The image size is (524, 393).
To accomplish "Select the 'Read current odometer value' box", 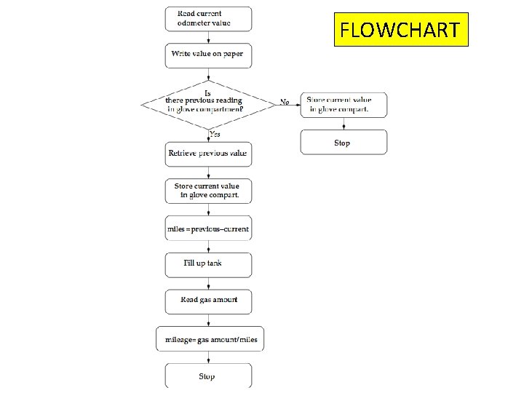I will tap(208, 19).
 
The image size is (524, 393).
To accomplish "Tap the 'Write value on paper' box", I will tap(208, 55).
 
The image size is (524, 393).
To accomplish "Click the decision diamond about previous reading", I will tap(208, 103).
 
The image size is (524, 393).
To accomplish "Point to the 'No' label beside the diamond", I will tap(285, 102).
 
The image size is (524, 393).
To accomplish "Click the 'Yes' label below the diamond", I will tap(216, 134).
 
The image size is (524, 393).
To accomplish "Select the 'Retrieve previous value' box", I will tap(208, 154).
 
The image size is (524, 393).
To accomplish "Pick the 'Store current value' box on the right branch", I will tap(344, 105).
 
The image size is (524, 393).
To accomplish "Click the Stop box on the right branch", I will tap(344, 143).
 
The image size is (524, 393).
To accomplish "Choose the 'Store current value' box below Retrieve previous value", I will tap(208, 191).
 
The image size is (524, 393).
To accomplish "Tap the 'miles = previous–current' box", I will tap(208, 229).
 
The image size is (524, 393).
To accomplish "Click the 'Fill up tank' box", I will tap(208, 265).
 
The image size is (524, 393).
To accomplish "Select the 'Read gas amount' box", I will tap(208, 301).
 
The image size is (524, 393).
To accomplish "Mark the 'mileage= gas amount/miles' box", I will tap(208, 339).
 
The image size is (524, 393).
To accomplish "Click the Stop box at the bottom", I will tap(208, 376).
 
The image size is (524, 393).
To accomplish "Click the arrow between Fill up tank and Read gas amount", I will tap(209, 283).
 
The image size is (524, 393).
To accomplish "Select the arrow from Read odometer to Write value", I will tap(209, 37).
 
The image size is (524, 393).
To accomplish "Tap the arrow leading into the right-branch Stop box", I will tap(344, 124).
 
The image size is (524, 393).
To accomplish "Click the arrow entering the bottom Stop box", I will tap(209, 357).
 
